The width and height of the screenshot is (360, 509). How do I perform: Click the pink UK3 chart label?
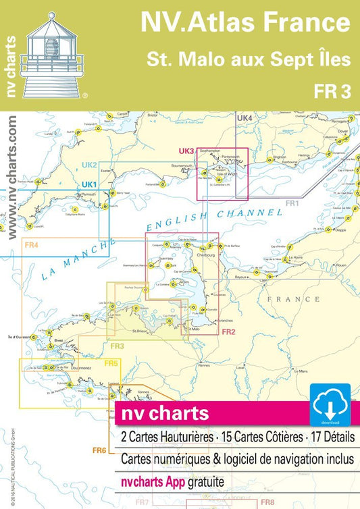click(186, 151)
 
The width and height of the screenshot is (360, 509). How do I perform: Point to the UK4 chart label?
click(244, 118)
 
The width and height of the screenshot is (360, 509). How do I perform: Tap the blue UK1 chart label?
click(89, 184)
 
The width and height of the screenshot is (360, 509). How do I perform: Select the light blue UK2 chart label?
click(90, 165)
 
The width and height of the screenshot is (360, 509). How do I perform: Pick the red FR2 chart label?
click(228, 331)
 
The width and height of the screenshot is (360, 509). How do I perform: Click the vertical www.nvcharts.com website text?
click(13, 176)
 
